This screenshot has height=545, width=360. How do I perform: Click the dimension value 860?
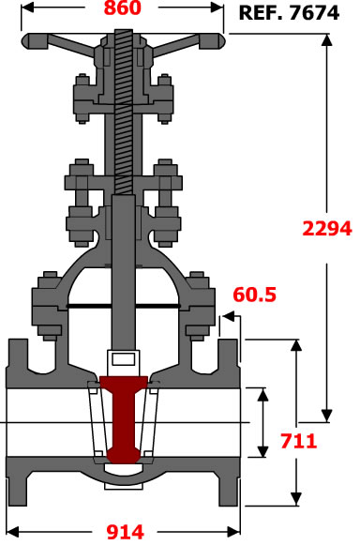(x=123, y=8)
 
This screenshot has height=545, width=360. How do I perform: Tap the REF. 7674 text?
(x=289, y=13)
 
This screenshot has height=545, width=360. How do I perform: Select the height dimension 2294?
(x=327, y=229)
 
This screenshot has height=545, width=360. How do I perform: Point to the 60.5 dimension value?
(x=255, y=295)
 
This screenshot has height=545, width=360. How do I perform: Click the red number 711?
(x=299, y=441)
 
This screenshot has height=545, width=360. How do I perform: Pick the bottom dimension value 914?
(x=125, y=532)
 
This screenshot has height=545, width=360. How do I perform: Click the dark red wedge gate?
(x=124, y=418)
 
